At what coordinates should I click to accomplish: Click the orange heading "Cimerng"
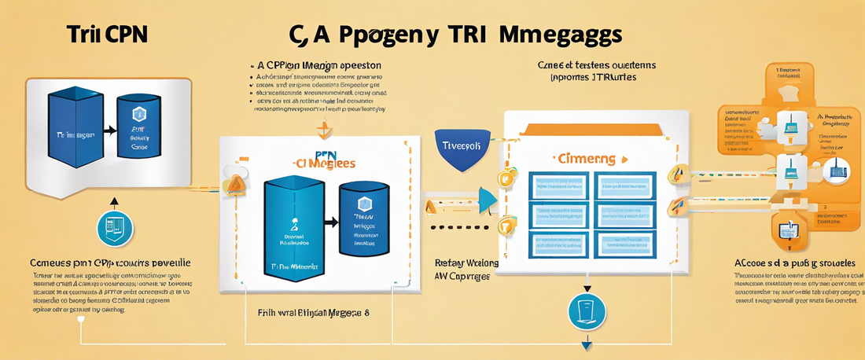point(586,158)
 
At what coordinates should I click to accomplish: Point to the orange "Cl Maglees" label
point(324,163)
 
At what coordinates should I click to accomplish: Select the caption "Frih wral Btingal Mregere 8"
point(314,312)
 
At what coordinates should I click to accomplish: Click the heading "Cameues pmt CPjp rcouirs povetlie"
point(109,262)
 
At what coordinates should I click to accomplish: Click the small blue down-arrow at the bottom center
point(585,345)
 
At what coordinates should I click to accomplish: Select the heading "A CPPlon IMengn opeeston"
point(319,65)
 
